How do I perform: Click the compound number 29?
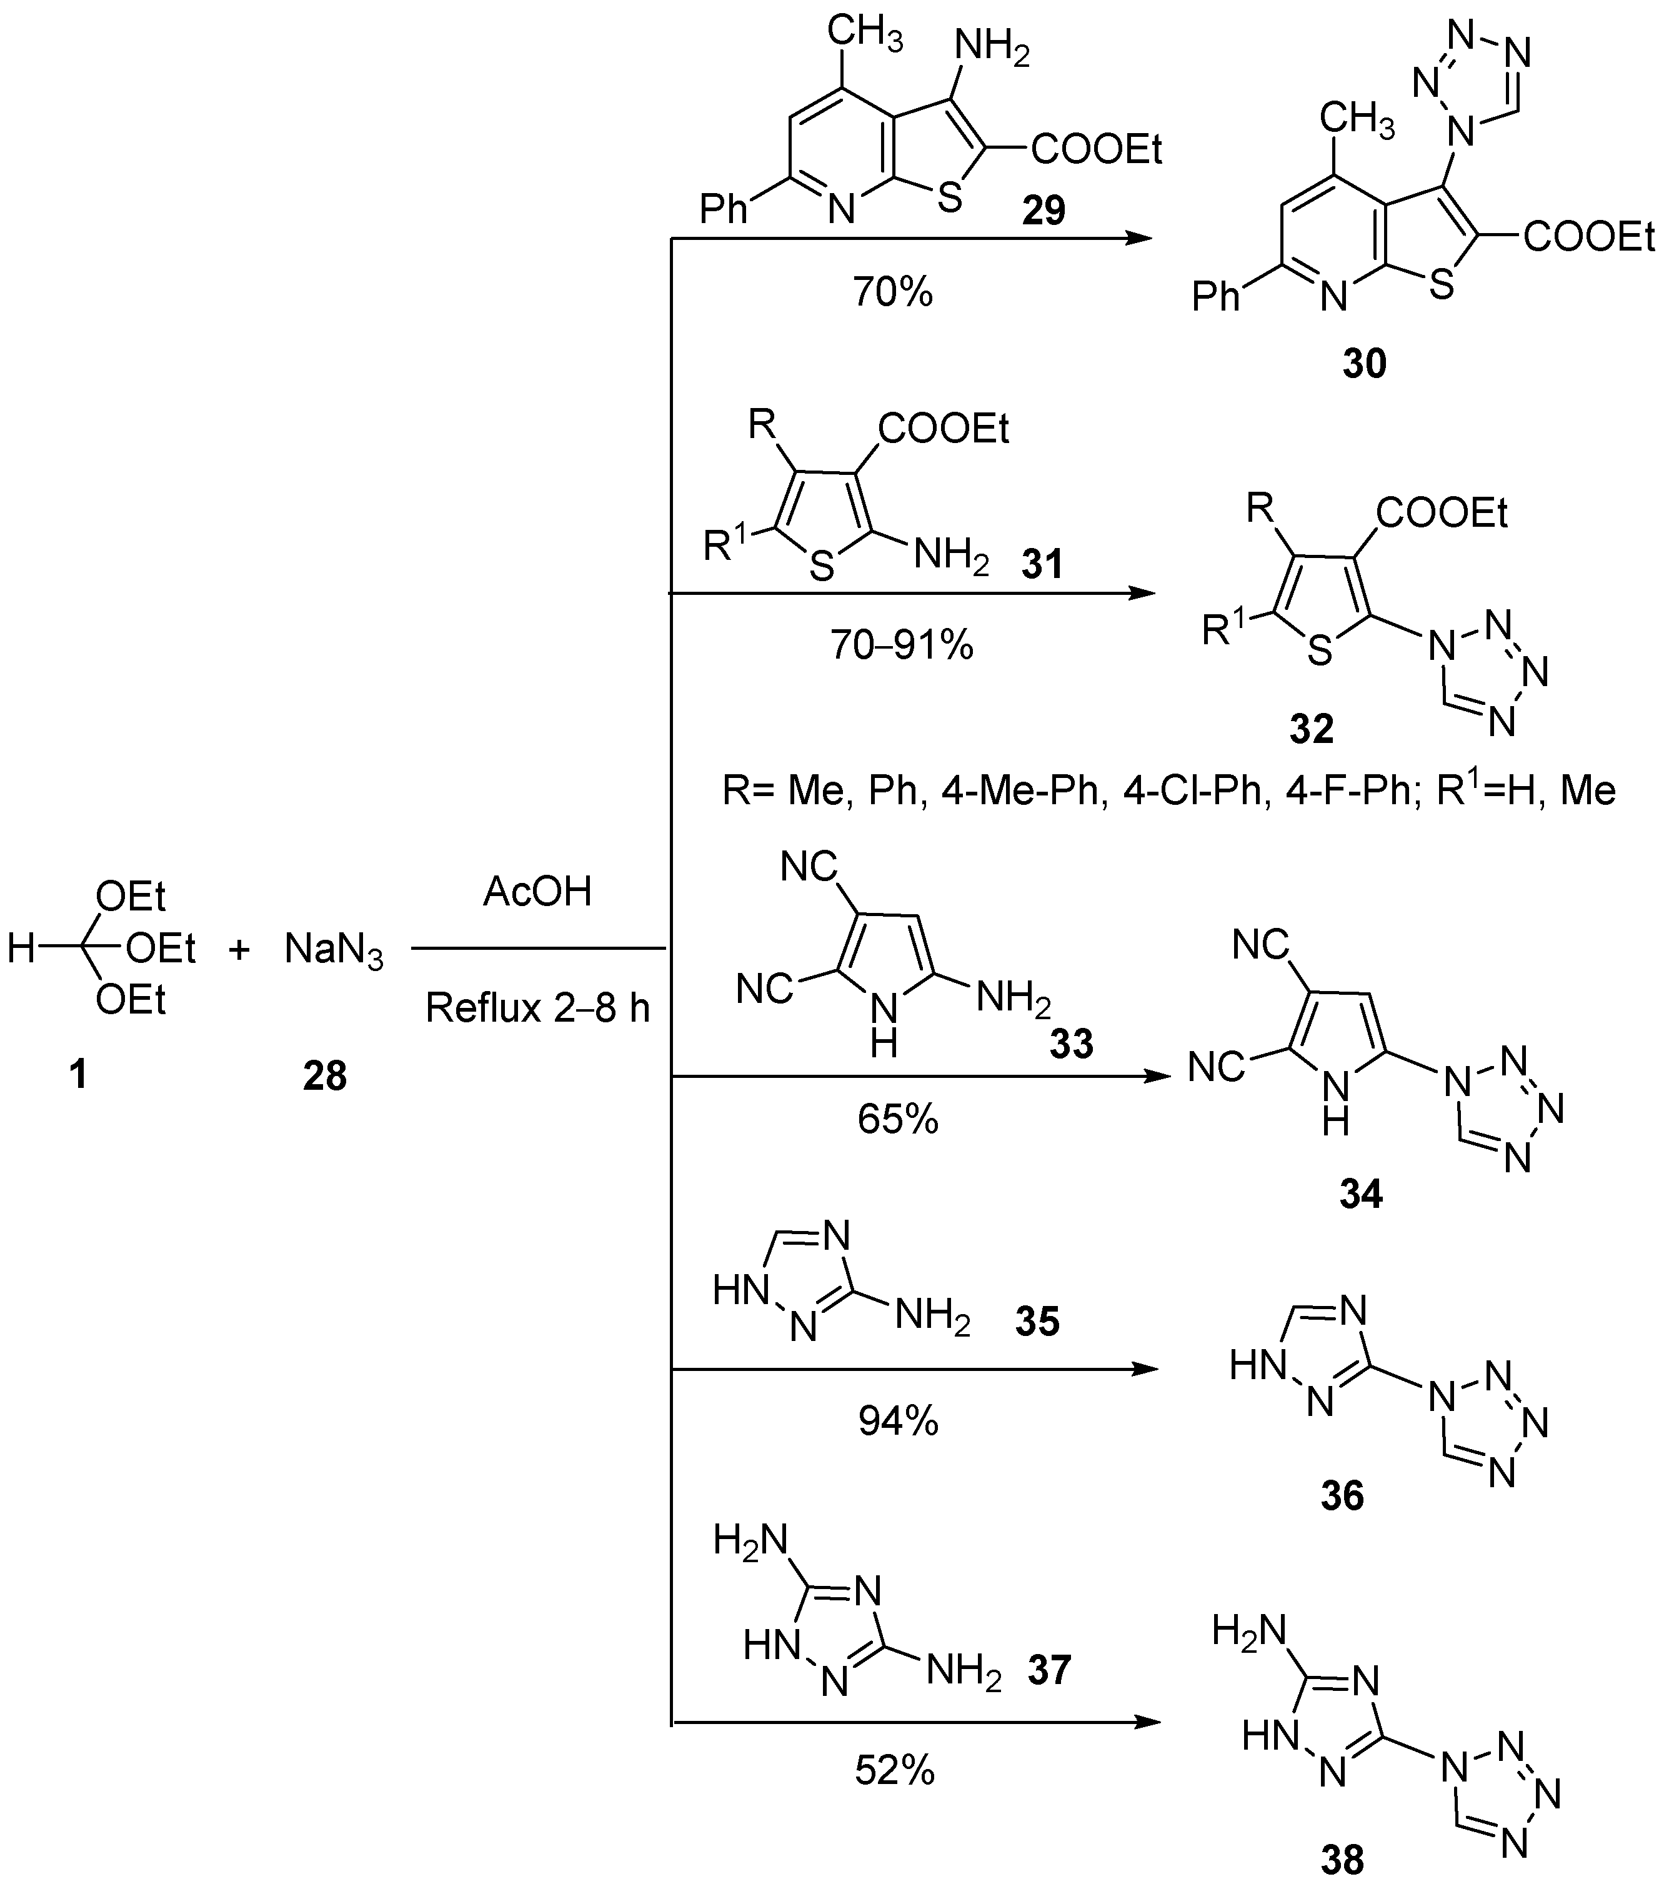(1044, 211)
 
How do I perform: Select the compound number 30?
(1364, 364)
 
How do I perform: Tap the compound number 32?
(1312, 729)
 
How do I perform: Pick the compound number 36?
(1342, 1494)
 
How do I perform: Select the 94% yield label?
(897, 1422)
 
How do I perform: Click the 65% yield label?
(897, 1119)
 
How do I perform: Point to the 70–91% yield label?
(901, 645)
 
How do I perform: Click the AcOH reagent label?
(537, 892)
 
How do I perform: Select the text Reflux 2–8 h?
(537, 1007)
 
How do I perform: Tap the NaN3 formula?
(334, 949)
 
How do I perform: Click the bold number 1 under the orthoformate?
(79, 1074)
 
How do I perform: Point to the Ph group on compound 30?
(1215, 296)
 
